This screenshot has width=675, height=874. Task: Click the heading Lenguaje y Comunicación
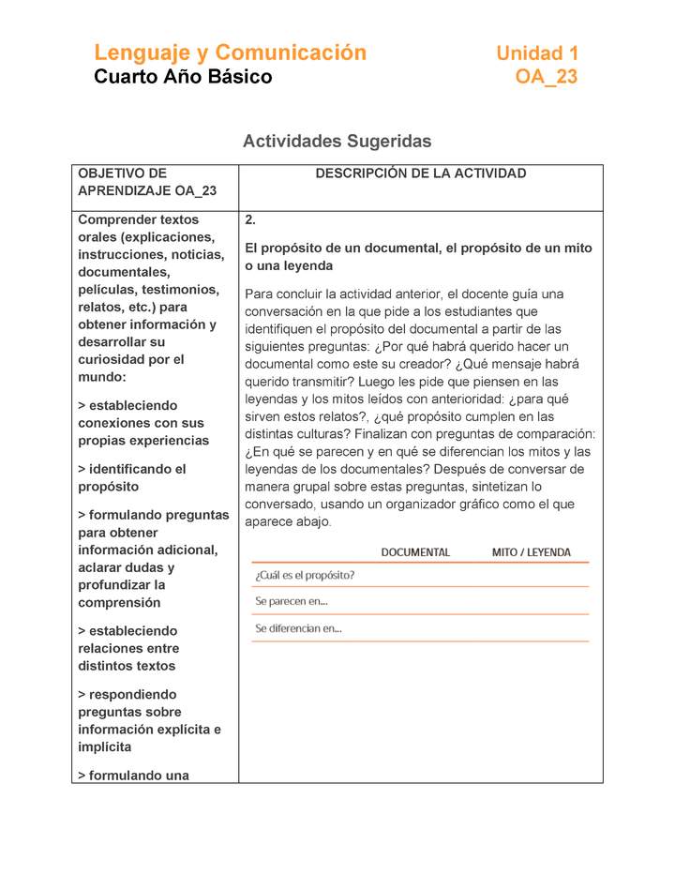click(230, 53)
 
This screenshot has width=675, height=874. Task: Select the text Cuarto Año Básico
click(183, 77)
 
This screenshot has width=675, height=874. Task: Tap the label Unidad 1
click(537, 53)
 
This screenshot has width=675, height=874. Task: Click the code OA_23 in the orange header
click(547, 77)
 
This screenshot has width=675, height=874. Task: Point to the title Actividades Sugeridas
click(337, 142)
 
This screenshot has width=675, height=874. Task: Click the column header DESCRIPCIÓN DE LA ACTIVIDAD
click(420, 173)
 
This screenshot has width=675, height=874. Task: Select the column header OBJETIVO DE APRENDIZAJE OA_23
click(146, 182)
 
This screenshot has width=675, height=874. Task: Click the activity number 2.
click(250, 220)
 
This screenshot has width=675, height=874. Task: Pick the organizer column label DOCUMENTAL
click(415, 552)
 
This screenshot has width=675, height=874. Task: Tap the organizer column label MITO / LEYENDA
click(531, 552)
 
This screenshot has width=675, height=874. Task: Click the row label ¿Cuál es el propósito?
click(305, 575)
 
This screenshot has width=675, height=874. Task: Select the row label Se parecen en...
click(292, 601)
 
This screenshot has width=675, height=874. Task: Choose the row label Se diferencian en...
click(298, 628)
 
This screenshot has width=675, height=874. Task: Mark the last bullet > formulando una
click(133, 776)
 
